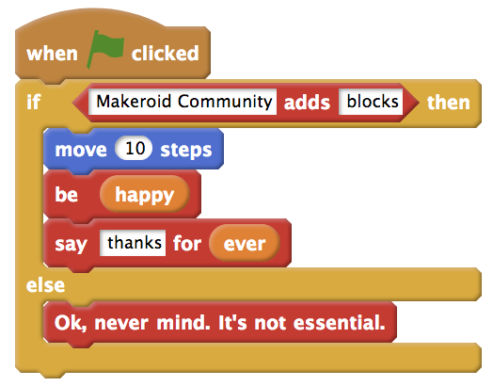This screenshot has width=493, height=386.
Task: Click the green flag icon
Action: (x=105, y=49)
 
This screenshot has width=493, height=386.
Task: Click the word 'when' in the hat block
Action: (x=52, y=54)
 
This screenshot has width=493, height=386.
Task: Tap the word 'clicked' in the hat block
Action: (x=166, y=53)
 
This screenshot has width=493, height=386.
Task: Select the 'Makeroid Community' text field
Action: (x=183, y=102)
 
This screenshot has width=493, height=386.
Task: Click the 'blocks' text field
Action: (x=371, y=102)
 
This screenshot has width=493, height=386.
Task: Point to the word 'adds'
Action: (x=307, y=103)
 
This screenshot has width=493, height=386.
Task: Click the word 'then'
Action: (x=449, y=103)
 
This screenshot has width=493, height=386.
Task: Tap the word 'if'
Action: (x=34, y=102)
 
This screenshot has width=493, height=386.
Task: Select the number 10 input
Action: (x=134, y=148)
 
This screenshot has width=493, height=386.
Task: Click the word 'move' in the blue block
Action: (x=81, y=150)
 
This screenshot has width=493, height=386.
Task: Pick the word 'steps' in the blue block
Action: (x=186, y=150)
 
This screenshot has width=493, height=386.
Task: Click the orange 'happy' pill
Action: (x=145, y=194)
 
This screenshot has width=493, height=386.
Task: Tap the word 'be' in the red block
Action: (x=67, y=194)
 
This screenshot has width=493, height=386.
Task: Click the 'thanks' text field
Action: (x=133, y=243)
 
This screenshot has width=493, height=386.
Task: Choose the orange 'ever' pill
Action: (x=245, y=243)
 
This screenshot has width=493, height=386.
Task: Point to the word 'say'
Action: (x=71, y=245)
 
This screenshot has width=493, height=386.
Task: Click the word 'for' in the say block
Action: (x=187, y=243)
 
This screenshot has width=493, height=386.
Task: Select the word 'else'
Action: (x=45, y=285)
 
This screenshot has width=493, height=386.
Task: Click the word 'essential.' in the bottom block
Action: (x=340, y=323)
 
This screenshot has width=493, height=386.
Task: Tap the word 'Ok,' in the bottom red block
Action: (x=71, y=323)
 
